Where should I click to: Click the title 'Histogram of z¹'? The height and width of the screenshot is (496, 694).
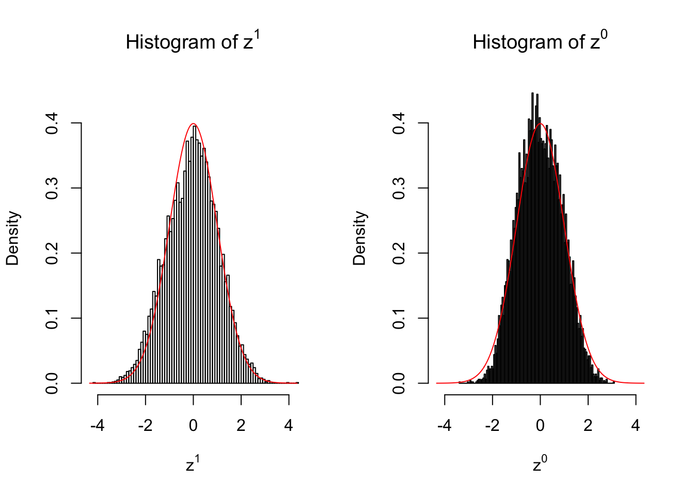tap(193, 41)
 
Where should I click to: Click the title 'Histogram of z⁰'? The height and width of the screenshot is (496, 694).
tap(540, 41)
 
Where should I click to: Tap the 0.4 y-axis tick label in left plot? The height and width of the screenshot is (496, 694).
tap(52, 123)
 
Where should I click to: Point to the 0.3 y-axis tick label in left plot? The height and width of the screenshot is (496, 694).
tap(52, 189)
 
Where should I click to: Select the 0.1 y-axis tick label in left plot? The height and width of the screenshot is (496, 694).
tap(52, 318)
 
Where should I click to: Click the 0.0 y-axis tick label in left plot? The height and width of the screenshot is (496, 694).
tap(52, 383)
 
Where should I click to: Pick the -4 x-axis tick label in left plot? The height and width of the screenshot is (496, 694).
tap(97, 426)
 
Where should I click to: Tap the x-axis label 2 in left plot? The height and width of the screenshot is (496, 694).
tap(241, 426)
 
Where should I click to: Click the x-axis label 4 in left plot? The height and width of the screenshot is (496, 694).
tap(289, 426)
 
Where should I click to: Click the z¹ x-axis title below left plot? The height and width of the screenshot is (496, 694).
tap(193, 464)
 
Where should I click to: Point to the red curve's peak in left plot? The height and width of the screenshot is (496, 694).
tap(193, 124)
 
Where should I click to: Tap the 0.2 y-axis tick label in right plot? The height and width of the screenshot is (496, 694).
tap(399, 254)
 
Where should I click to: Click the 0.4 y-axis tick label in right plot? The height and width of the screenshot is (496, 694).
tap(399, 123)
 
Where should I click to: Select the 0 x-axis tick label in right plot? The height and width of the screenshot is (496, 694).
tap(540, 426)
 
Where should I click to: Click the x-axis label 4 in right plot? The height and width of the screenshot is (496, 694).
tap(636, 426)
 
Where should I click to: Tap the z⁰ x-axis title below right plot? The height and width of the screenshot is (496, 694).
tap(540, 464)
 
